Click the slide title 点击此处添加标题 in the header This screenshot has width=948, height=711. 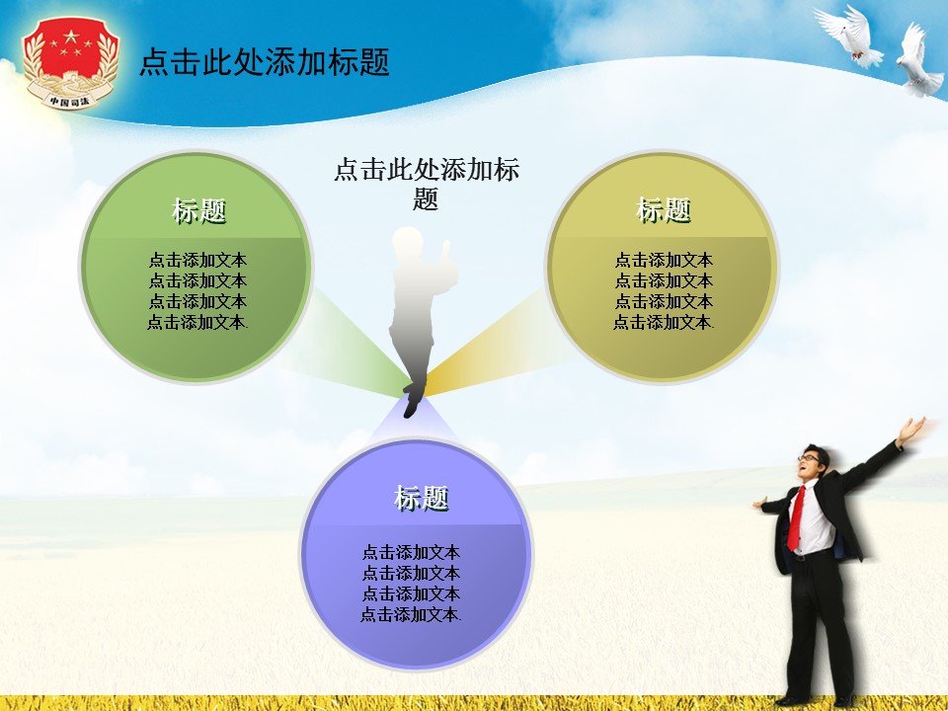point(264,62)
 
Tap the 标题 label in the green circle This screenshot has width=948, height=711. point(198,210)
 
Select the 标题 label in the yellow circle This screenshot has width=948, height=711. point(663,210)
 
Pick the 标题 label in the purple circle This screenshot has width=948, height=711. point(421,499)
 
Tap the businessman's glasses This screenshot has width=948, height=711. point(810,457)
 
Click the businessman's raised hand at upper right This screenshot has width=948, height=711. point(913,429)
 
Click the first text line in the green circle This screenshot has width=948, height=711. point(197,261)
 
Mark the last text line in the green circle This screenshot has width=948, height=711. point(197,322)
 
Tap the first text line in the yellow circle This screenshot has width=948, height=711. point(664,261)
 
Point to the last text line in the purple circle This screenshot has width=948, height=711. point(411,614)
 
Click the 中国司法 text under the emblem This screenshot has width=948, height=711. point(69,100)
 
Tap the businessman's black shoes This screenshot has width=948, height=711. point(805,698)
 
